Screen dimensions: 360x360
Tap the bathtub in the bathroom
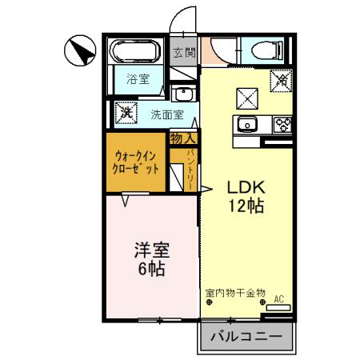(x=137, y=53)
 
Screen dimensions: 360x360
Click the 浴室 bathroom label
(x=138, y=78)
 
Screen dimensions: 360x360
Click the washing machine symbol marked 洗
(x=126, y=113)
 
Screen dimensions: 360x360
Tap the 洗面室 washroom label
(x=167, y=114)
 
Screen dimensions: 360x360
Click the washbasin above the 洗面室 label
(x=182, y=93)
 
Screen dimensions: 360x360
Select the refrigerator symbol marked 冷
(x=280, y=81)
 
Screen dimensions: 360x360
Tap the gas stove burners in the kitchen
(x=282, y=124)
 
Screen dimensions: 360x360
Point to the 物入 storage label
(x=181, y=138)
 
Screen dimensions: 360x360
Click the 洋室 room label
(x=150, y=248)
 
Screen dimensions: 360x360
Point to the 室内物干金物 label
(x=234, y=293)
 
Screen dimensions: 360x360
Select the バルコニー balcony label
(x=246, y=337)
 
